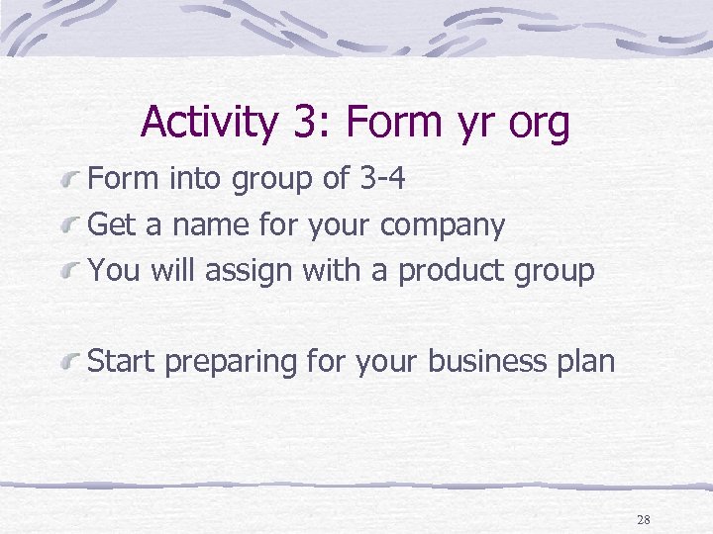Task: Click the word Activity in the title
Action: pyautogui.click(x=208, y=123)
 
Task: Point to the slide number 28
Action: pyautogui.click(x=644, y=519)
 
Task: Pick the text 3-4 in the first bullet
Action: pyautogui.click(x=381, y=178)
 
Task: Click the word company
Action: pyautogui.click(x=443, y=226)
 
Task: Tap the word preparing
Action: pyautogui.click(x=231, y=363)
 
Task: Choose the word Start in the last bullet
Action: pyautogui.click(x=122, y=362)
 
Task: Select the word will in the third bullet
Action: pyautogui.click(x=172, y=270)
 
